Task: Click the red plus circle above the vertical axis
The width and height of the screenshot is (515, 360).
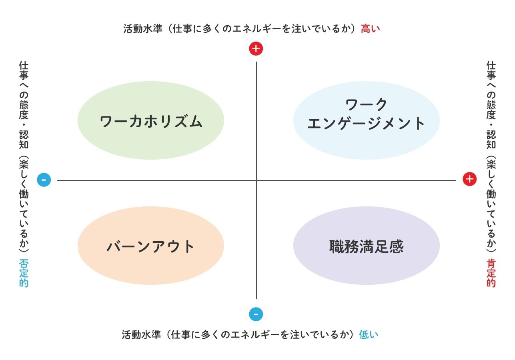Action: [256, 49]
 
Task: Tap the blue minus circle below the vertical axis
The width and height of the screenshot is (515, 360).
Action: [256, 314]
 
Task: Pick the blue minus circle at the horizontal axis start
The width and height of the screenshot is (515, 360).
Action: [44, 180]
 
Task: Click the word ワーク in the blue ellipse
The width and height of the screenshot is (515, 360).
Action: [366, 105]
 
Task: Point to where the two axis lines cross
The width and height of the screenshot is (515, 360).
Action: [256, 180]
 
